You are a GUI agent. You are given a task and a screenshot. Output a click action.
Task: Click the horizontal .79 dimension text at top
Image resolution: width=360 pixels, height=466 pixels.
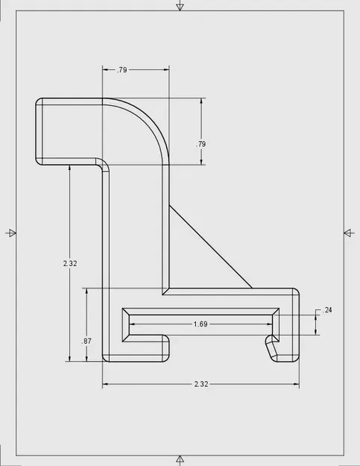point(121,70)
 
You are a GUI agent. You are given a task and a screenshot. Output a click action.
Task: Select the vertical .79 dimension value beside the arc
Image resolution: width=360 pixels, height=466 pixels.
point(201,143)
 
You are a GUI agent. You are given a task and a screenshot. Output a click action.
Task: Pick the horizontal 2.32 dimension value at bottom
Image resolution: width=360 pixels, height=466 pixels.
point(201,384)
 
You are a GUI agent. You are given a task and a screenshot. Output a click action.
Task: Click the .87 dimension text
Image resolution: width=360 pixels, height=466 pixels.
point(86,341)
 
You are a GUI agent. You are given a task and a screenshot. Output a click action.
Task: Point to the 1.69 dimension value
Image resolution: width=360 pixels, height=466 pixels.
point(200,324)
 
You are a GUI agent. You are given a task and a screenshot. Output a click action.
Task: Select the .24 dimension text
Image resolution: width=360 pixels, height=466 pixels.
point(326,309)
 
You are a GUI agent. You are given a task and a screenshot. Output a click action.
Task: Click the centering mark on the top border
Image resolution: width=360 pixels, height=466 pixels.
point(179,7)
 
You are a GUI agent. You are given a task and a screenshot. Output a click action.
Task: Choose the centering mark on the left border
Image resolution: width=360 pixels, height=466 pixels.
point(9,233)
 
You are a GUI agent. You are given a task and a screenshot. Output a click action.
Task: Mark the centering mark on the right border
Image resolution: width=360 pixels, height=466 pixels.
point(350,233)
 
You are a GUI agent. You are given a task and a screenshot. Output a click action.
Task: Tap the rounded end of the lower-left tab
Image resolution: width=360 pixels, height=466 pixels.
point(168,348)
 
